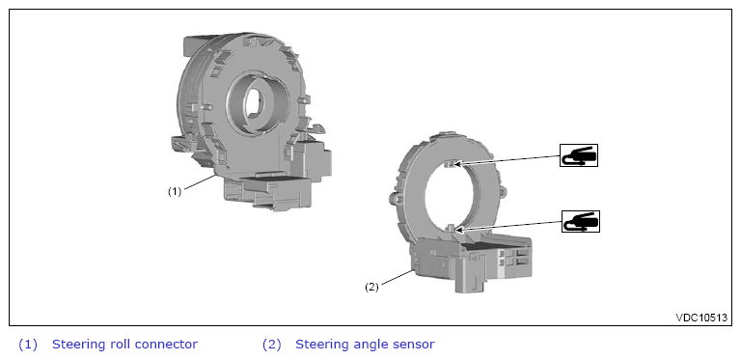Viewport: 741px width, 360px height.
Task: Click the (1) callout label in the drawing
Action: pyautogui.click(x=175, y=191)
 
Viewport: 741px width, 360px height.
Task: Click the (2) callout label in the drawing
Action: pyautogui.click(x=371, y=287)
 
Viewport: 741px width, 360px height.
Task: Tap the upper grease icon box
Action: pyautogui.click(x=579, y=155)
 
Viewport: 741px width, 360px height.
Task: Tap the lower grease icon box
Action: pyautogui.click(x=580, y=221)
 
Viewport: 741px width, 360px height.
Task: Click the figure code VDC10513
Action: pyautogui.click(x=701, y=318)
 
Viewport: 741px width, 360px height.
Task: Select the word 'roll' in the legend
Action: pyautogui.click(x=120, y=345)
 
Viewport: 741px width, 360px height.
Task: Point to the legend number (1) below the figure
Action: pyautogui.click(x=27, y=345)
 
